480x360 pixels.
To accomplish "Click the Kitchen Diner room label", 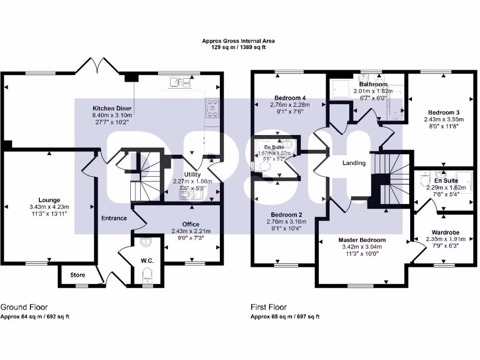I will point(112,108).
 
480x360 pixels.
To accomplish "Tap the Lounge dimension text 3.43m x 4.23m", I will point(49,207).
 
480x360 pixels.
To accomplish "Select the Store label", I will point(78,275).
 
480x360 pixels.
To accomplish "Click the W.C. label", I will point(149,260).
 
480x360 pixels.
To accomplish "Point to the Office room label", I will point(191,224).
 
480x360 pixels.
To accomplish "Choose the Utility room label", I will point(193,174).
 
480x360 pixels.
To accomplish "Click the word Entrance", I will point(114,218).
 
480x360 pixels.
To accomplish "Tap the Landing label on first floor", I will point(354,163).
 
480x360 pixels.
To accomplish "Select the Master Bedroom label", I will point(362,240).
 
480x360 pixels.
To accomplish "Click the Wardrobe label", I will point(445,232).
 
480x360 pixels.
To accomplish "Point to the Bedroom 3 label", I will point(443,112).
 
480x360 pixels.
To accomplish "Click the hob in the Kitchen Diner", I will point(211,108).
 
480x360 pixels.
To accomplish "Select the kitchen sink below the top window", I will point(181,82).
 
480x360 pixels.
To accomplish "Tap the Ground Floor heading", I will point(24,307).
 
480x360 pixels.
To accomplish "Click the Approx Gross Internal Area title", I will point(238,41).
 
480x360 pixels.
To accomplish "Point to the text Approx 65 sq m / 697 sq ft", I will point(285,317).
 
